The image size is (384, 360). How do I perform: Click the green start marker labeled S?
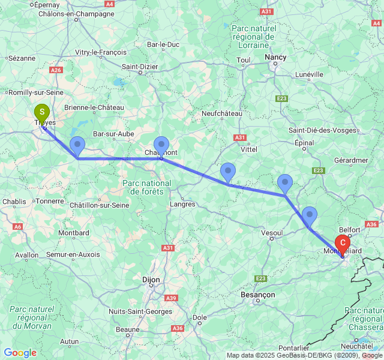(41, 112)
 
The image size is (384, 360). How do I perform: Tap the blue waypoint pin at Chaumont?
(161, 145)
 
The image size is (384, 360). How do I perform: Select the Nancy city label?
(275, 57)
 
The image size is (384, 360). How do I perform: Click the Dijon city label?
(151, 279)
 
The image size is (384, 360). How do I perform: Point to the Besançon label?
(257, 295)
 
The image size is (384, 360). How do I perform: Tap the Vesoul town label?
(272, 232)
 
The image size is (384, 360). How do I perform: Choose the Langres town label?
(183, 204)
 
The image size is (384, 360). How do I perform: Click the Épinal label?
(304, 143)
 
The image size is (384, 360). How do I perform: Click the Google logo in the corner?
(20, 353)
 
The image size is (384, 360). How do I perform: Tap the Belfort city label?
(350, 229)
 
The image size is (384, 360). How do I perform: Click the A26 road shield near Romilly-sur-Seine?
(56, 70)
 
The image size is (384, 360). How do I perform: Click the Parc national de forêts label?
(146, 187)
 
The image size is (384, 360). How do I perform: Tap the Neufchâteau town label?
(222, 113)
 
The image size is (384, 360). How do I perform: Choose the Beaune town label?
(127, 329)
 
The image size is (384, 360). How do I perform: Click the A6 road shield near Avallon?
(18, 226)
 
